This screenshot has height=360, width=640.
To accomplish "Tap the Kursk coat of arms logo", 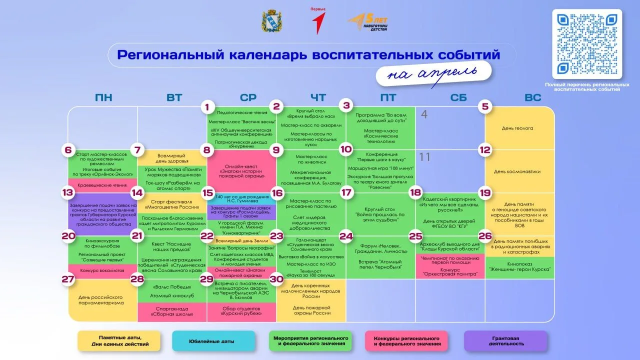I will (271, 21).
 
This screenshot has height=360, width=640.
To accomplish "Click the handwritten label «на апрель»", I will (433, 73).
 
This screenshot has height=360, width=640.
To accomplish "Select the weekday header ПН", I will (103, 97).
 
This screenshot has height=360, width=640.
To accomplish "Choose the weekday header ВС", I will (533, 97).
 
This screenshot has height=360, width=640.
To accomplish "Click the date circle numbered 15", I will (207, 193).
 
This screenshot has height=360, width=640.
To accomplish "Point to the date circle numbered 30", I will (276, 279).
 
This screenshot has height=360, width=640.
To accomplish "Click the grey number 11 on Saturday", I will (424, 157).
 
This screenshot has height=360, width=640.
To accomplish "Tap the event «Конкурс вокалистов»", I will (102, 270).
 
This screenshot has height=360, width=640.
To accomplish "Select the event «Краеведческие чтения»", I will (102, 185).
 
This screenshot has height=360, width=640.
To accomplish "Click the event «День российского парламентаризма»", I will (102, 300).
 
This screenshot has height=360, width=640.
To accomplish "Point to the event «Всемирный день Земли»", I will (241, 240).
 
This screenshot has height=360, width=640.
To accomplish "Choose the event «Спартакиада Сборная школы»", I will (172, 311).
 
